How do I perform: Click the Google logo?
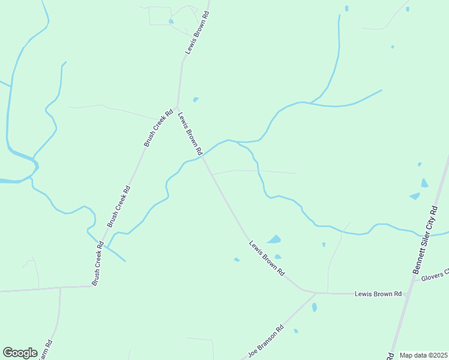20,353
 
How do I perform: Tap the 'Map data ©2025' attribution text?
424,355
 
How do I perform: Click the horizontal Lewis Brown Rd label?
378,294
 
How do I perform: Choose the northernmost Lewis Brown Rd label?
197,33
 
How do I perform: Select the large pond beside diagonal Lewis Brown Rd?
274,239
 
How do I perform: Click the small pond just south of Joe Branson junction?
315,307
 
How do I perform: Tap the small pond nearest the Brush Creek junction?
196,99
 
